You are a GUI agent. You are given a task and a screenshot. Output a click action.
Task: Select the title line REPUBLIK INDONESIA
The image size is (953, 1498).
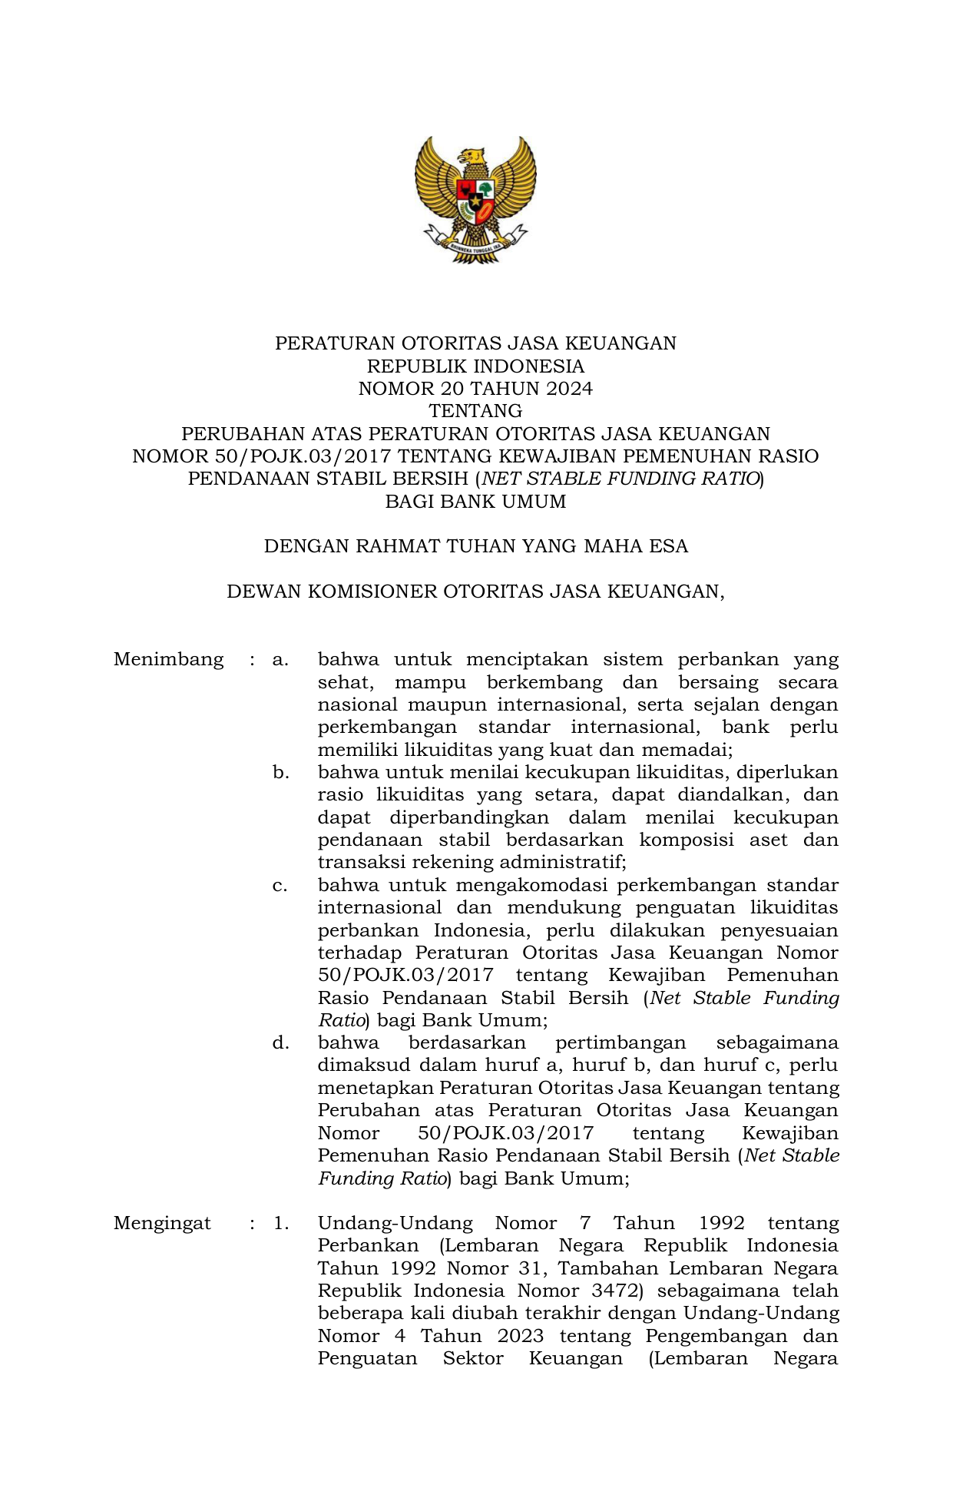(x=475, y=366)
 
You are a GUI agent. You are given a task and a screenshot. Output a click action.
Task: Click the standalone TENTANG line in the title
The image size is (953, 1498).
(x=475, y=411)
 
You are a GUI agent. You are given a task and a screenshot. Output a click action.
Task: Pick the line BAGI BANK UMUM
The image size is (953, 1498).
(x=475, y=502)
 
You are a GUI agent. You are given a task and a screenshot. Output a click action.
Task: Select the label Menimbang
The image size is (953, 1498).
(x=168, y=659)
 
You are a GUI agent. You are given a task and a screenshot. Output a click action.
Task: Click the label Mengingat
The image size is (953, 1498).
(x=162, y=1223)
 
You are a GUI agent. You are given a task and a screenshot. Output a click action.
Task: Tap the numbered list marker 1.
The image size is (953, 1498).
(x=281, y=1223)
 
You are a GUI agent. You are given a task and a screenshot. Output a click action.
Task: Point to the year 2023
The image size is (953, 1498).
(x=520, y=1336)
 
